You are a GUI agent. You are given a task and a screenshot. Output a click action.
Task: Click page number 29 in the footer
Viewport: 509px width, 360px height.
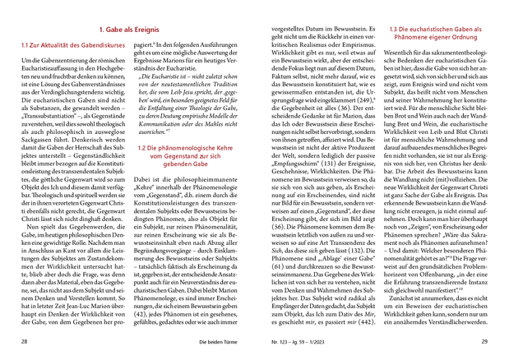pyautogui.click(x=484, y=340)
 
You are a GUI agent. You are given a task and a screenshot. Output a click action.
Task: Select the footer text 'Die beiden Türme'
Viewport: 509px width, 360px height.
pyautogui.click(x=195, y=340)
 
